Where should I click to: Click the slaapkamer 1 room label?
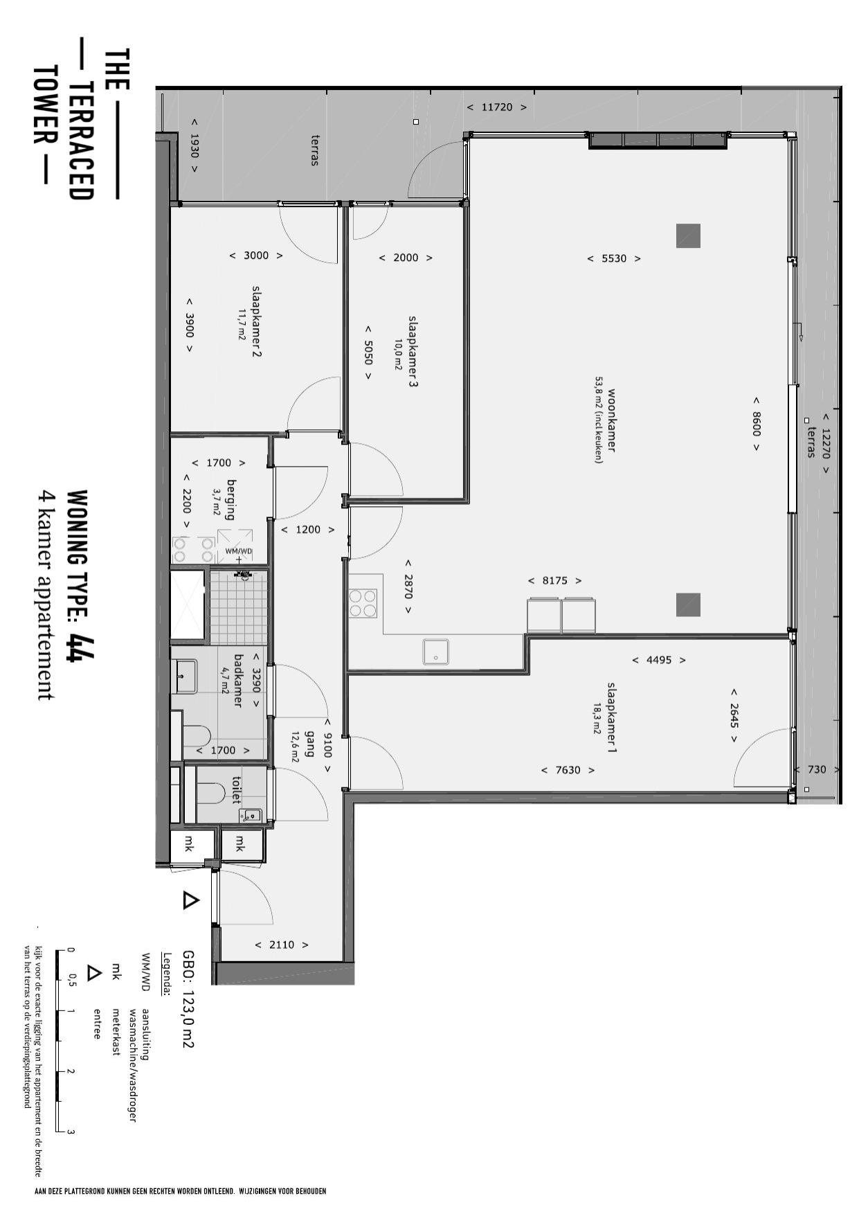612,717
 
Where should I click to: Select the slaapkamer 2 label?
256,321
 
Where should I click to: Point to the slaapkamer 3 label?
413,351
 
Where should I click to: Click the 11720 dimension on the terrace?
496,107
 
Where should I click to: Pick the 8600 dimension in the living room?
756,424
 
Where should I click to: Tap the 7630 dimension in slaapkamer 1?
568,770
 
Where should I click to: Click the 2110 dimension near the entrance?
282,945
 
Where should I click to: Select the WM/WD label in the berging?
239,551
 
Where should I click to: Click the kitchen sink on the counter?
436,652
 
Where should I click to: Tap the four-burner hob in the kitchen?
363,602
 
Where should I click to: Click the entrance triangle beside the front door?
190,900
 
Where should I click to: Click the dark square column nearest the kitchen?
688,605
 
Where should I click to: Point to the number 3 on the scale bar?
71,1132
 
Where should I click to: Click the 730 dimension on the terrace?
817,769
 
